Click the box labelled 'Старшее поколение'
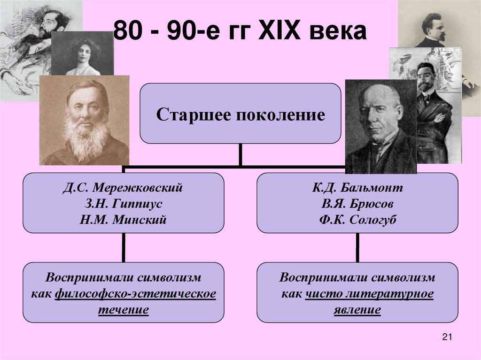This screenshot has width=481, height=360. [x=240, y=114]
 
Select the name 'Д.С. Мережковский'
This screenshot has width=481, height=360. [x=123, y=188]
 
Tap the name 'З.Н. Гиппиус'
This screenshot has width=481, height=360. [x=123, y=204]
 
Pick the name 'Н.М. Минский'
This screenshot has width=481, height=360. [x=123, y=219]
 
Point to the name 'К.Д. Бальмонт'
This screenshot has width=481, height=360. [x=357, y=188]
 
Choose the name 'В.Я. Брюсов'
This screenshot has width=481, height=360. [x=357, y=204]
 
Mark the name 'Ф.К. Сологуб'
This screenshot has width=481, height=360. [x=357, y=219]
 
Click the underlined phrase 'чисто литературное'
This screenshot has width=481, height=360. [x=369, y=294]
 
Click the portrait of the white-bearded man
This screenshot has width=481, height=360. [x=85, y=121]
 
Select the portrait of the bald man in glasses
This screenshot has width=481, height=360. [x=380, y=127]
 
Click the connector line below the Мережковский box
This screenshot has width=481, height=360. [x=123, y=248]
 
